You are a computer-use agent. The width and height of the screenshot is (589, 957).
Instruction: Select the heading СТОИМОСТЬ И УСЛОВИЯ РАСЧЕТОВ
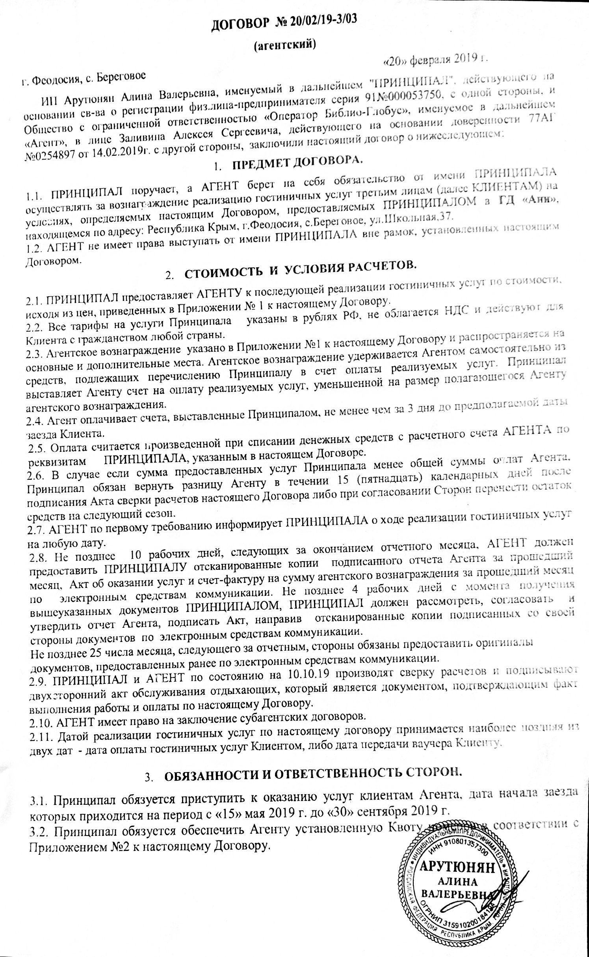(x=300, y=272)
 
